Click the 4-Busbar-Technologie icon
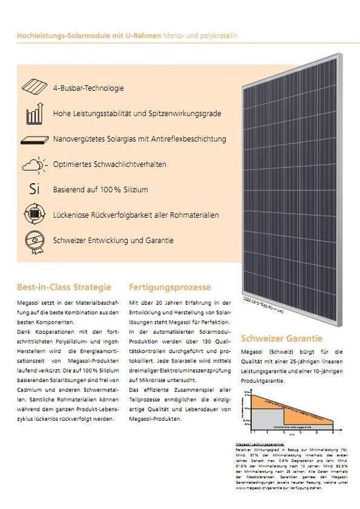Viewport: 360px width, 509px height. pyautogui.click(x=34, y=88)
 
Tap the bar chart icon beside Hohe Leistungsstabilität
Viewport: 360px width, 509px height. pyautogui.click(x=34, y=113)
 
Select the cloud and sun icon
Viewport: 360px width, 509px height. pyautogui.click(x=34, y=165)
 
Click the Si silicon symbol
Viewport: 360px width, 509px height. pyautogui.click(x=33, y=189)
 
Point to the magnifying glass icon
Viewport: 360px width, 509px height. pyautogui.click(x=34, y=215)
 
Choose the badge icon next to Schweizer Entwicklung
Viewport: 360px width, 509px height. pyautogui.click(x=34, y=240)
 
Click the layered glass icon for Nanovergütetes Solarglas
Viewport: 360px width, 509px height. pyautogui.click(x=34, y=139)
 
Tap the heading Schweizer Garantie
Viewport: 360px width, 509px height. pyautogui.click(x=281, y=338)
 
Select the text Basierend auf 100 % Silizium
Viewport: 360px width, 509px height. pyautogui.click(x=100, y=189)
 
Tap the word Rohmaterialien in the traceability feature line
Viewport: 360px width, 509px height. pyautogui.click(x=194, y=215)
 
